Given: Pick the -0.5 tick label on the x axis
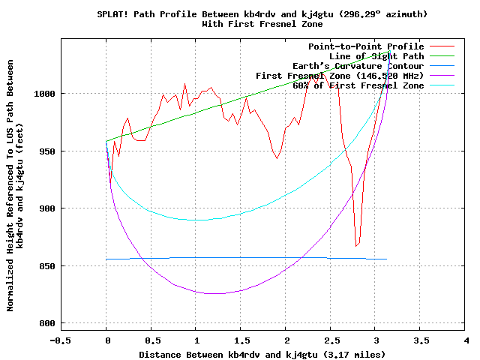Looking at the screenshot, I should coord(61,340).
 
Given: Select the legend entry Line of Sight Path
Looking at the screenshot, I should coord(376,56).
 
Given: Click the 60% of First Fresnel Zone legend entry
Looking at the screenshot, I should coord(358,85).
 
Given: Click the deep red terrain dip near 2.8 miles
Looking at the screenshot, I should coord(357,245).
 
